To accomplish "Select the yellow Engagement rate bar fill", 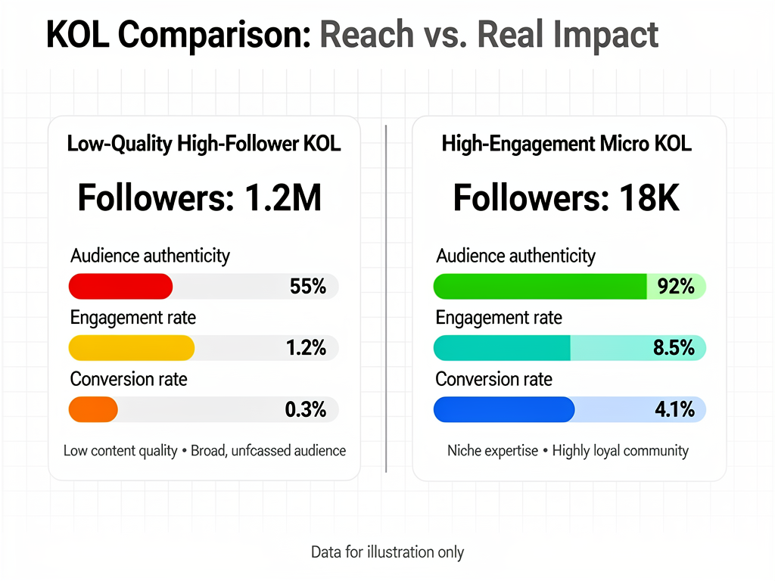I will (x=132, y=348).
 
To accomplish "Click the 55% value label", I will (x=308, y=287).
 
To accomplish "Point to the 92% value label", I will (x=676, y=287).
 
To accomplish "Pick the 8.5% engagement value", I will (x=674, y=348).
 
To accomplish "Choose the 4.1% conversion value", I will (x=674, y=409).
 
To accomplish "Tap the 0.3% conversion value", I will (x=306, y=409).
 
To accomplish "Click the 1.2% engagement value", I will (x=306, y=348).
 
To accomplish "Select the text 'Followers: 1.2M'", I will (x=200, y=198).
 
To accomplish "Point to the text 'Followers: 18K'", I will (x=566, y=198).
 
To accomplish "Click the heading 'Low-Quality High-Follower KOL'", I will (x=204, y=144).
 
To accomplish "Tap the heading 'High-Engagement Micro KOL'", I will (x=567, y=144).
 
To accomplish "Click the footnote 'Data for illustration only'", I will (x=387, y=552).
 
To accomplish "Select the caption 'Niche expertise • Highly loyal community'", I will (x=568, y=451).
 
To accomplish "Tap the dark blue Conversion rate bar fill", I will (x=504, y=409).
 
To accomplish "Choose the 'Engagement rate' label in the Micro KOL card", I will (x=499, y=318).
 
